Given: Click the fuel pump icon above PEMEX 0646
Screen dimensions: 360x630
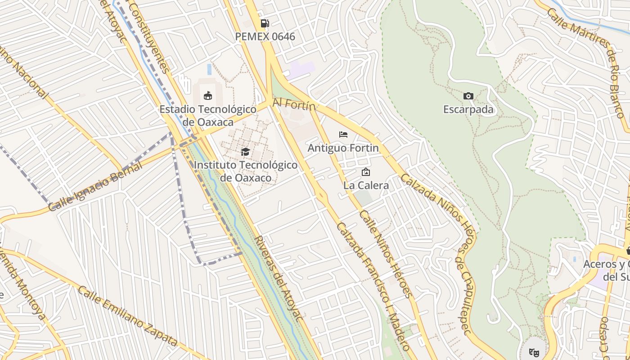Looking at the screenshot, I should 265,23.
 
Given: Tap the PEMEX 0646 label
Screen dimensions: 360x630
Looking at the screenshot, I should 265,36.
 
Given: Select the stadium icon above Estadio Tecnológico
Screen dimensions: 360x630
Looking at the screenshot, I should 208,95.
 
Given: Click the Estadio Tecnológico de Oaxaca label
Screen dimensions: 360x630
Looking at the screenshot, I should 208,116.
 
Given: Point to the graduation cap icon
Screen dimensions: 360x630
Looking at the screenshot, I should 245,152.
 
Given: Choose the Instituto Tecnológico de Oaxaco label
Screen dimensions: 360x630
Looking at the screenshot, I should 246,171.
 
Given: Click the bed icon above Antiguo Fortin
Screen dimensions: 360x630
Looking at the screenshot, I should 343,135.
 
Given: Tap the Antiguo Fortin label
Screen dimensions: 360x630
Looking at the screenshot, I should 343,148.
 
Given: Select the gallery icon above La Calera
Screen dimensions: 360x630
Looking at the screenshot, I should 366,172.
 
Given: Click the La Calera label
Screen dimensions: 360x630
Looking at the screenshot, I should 366,185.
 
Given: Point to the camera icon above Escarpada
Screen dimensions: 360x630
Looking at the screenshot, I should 468,96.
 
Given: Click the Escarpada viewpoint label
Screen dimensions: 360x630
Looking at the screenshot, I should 468,109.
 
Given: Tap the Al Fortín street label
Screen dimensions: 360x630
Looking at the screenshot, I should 294,105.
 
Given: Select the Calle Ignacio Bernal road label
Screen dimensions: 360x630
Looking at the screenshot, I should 95,186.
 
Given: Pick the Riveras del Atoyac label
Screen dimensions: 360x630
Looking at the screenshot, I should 278,278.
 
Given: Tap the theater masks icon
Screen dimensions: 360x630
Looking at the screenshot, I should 534,351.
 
